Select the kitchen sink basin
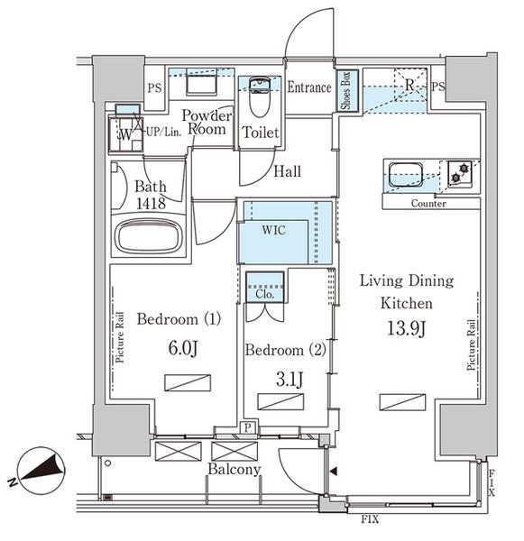pos(406,175)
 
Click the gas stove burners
pos(460,173)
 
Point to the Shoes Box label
pos(345,91)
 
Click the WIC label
pos(273,230)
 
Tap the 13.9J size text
pos(406,328)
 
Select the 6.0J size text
pos(183,348)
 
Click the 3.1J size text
pos(290,380)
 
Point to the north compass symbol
pos(39,472)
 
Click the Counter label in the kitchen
pos(428,204)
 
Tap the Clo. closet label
pos(265,294)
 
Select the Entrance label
pos(309,87)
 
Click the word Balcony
pos(234,470)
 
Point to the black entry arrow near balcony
pos(334,472)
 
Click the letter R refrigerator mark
pos(409,85)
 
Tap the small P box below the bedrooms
pos(247,427)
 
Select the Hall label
pos(287,171)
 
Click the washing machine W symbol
pos(125,134)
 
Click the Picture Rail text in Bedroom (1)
pos(120,337)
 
